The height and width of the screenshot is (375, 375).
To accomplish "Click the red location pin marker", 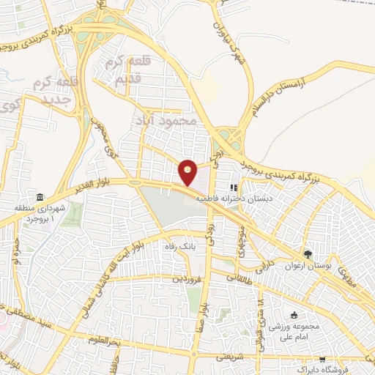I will tap(188, 173).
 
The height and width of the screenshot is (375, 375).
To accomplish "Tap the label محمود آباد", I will tap(167, 119).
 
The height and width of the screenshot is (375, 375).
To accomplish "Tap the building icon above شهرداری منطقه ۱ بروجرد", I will tap(38, 198).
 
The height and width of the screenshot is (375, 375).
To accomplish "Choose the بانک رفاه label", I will tap(180, 246).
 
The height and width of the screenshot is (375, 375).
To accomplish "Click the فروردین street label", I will tap(186, 279).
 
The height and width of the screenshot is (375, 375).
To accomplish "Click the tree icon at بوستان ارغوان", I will tap(310, 254).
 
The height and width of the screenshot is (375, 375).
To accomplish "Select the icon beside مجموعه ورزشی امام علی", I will tap(294, 315).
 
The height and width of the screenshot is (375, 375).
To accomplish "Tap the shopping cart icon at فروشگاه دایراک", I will tap(322, 360).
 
